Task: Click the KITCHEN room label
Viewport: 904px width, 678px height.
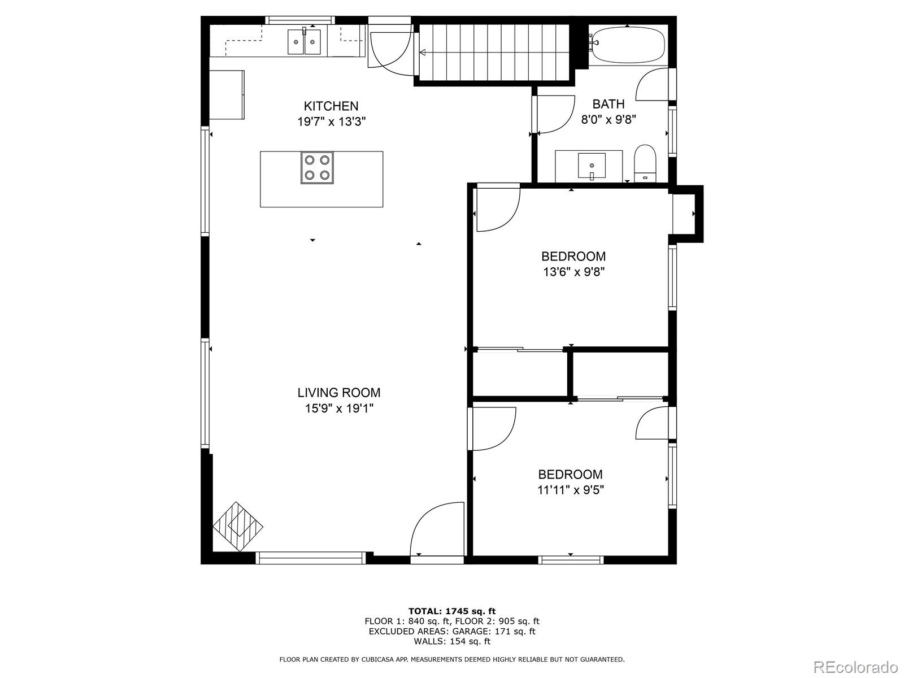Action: pos(331,106)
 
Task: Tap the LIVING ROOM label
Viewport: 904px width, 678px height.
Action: pos(339,393)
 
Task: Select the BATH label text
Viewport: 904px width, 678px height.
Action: pos(609,104)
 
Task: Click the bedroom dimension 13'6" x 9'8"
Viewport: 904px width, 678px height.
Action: pos(574,272)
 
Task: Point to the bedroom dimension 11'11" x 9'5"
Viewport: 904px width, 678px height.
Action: pos(571,490)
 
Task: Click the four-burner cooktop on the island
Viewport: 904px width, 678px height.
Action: pos(317,168)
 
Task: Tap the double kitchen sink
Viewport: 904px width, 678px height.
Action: pos(305,41)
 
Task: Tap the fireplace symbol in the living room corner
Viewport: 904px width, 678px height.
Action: pos(238,526)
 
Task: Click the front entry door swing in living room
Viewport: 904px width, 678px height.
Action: pos(435,530)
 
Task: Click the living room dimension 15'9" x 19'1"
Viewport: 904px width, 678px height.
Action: pos(339,408)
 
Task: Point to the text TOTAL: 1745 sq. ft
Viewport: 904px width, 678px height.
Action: pos(452,611)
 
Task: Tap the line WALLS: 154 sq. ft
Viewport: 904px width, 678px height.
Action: pos(452,641)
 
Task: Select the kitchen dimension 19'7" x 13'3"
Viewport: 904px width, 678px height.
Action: pos(332,121)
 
